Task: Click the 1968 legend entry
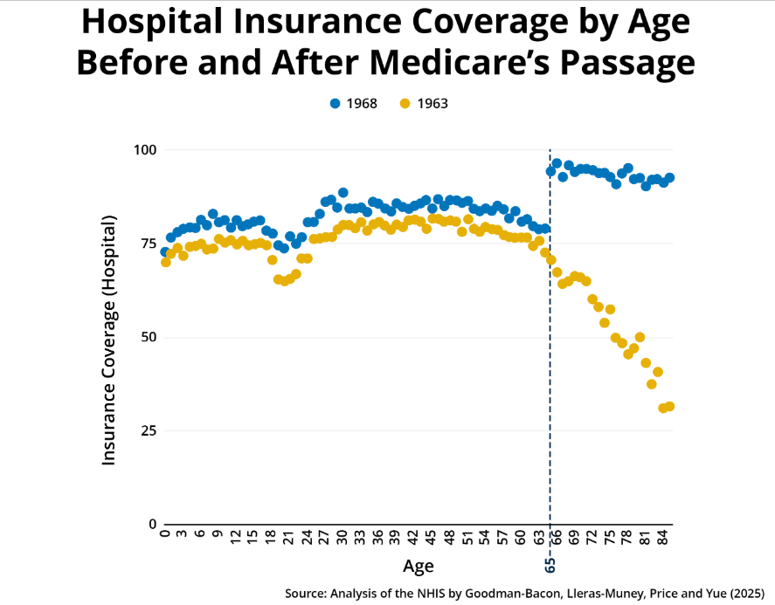tap(353, 103)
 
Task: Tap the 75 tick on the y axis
tap(146, 244)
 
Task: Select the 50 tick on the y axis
tap(146, 337)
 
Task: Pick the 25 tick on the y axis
tap(146, 430)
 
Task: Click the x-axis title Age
tap(418, 567)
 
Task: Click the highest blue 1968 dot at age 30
tap(343, 193)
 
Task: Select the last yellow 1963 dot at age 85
tap(669, 407)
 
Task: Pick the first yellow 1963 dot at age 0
tap(165, 262)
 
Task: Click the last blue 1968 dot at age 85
tap(669, 177)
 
